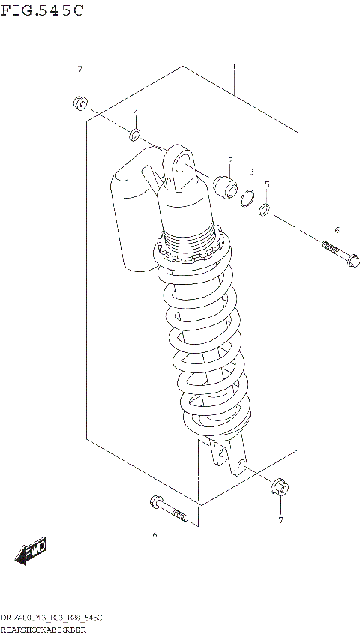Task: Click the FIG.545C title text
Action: [x=42, y=10]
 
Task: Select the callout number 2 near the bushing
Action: [x=230, y=160]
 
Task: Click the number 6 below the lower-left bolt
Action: [x=154, y=534]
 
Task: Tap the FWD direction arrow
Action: [x=31, y=553]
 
